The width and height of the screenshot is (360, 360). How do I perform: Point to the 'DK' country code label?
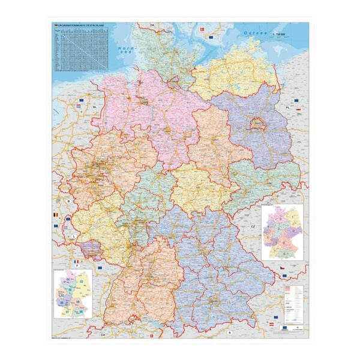(x=152, y=25)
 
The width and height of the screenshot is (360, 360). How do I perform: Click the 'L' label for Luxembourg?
(x=74, y=236)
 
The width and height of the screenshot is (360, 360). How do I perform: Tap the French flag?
(x=76, y=262)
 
